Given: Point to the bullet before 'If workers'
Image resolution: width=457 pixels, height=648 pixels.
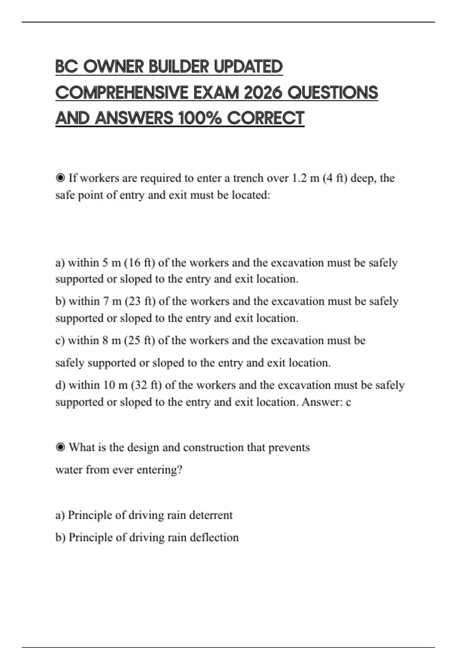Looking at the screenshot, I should pyautogui.click(x=60, y=178).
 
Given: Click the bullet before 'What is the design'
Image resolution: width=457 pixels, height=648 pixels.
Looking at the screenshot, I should pyautogui.click(x=60, y=447).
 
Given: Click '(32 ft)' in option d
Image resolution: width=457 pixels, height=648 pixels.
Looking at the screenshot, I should pyautogui.click(x=146, y=385).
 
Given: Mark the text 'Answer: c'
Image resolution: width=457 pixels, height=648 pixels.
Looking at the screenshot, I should pyautogui.click(x=326, y=402).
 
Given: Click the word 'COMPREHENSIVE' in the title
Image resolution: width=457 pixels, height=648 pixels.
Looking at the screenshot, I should pyautogui.click(x=122, y=93).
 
